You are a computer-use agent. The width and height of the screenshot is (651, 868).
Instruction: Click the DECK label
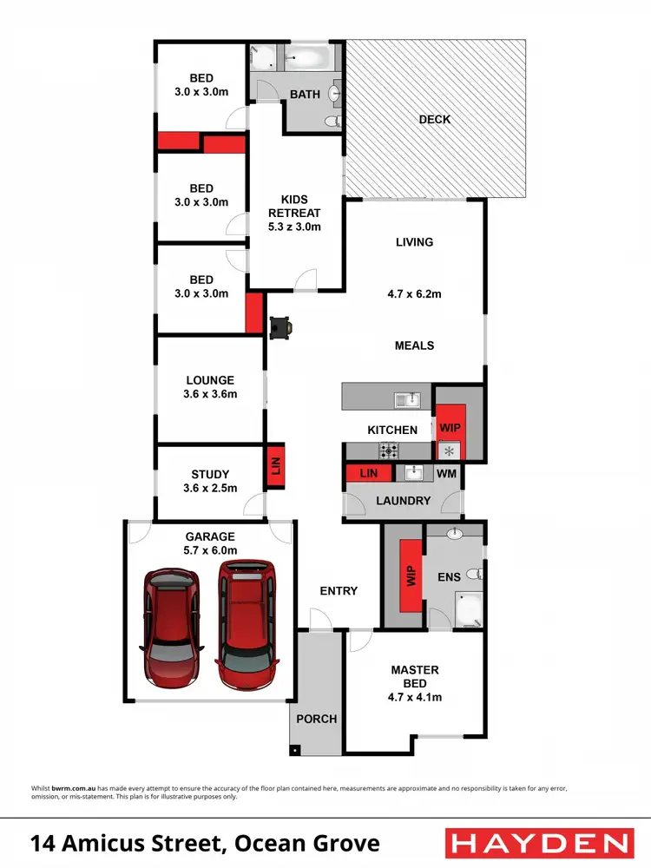434,119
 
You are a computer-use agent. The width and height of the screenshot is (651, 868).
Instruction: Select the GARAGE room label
209,536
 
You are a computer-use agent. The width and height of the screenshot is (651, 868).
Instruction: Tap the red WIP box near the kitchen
450,429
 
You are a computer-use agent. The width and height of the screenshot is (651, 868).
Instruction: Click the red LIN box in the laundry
367,474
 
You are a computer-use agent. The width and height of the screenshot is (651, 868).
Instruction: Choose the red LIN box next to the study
275,468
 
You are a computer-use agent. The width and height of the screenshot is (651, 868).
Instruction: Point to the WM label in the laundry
446,474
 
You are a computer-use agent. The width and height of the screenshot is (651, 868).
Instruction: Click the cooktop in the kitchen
388,450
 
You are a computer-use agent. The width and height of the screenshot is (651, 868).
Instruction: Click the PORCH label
316,719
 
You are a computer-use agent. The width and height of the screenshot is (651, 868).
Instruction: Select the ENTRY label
339,591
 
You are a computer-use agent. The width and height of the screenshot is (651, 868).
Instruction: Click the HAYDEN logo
538,843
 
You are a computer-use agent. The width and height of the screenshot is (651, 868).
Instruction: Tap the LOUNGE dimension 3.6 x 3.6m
211,394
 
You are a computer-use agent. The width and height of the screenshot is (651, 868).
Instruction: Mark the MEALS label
414,345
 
